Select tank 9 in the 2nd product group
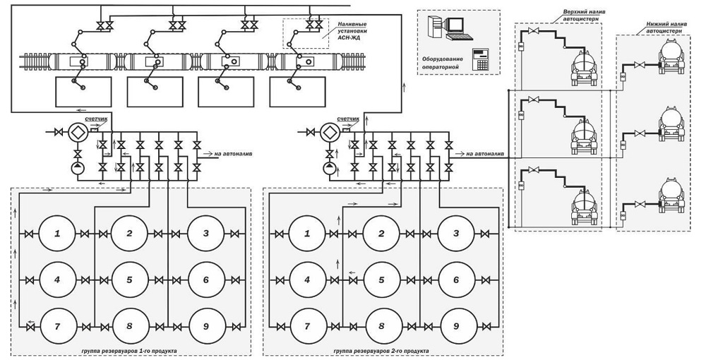(x=456, y=325)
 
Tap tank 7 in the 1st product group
(x=57, y=326)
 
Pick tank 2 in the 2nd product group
(x=381, y=234)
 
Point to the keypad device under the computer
(x=480, y=59)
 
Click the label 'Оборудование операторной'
(x=441, y=63)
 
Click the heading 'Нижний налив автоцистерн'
(x=663, y=28)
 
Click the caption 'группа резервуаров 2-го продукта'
(x=381, y=351)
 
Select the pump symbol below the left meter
(x=78, y=169)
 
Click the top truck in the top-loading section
(x=585, y=66)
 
